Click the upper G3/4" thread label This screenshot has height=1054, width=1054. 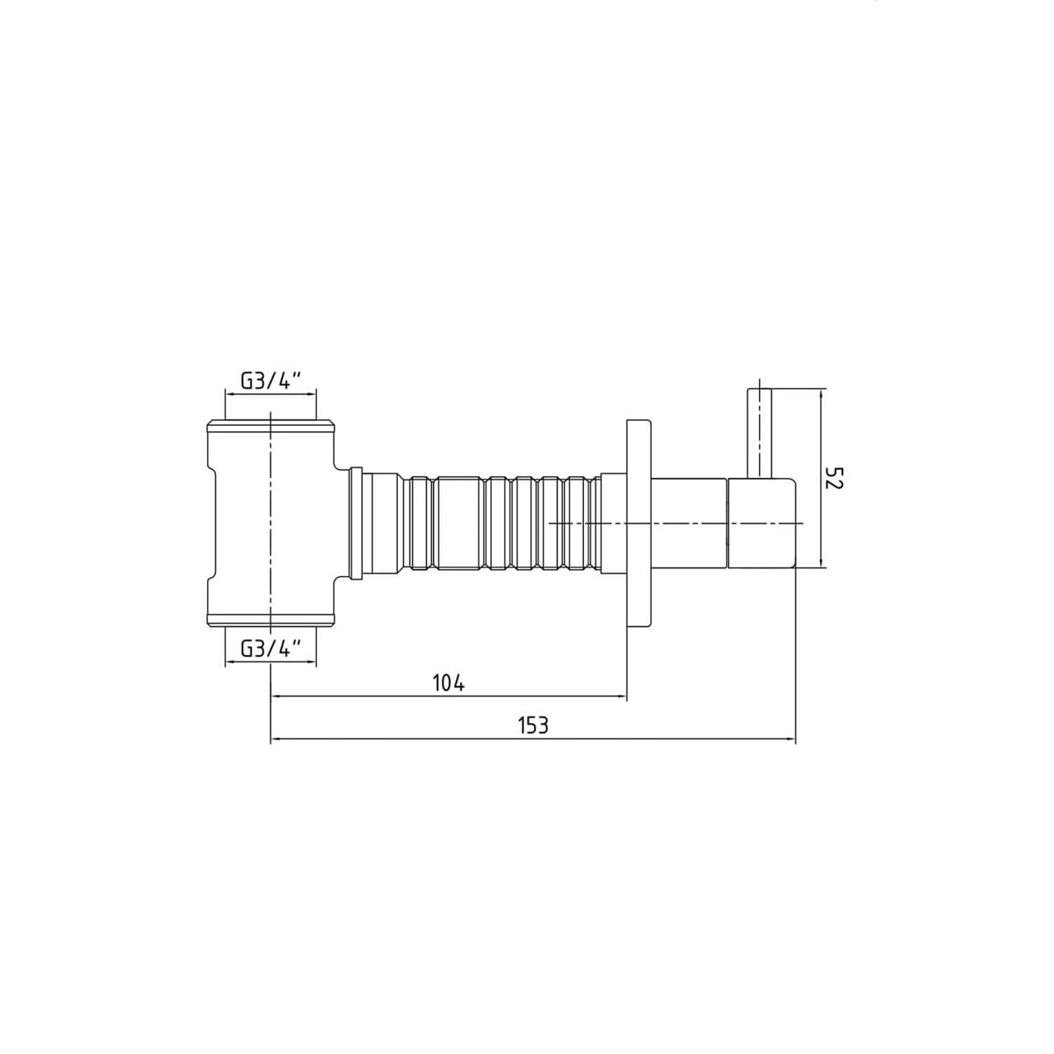(x=271, y=380)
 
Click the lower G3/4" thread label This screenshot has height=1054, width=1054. (x=271, y=649)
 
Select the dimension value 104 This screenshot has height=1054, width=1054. (x=449, y=683)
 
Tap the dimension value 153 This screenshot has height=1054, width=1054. (x=533, y=726)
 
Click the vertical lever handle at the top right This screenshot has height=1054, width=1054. (x=759, y=433)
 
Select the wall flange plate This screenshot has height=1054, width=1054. (x=640, y=523)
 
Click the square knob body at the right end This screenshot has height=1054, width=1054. (x=762, y=523)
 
